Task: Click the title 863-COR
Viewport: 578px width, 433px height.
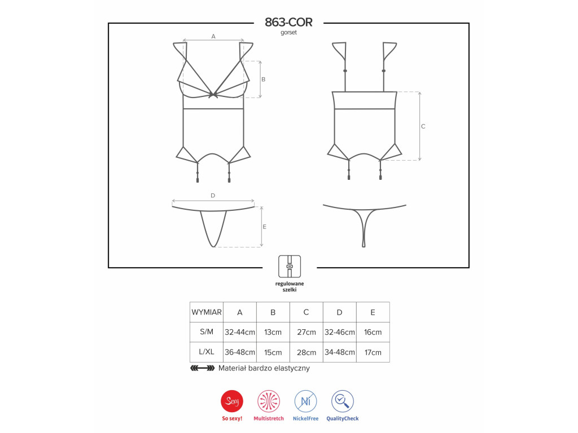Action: pyautogui.click(x=288, y=22)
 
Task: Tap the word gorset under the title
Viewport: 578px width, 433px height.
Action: pyautogui.click(x=288, y=32)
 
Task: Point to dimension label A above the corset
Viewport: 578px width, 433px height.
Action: pyautogui.click(x=213, y=36)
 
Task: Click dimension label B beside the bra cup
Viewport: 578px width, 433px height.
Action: pyautogui.click(x=263, y=79)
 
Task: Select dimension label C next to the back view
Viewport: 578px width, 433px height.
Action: pyautogui.click(x=423, y=126)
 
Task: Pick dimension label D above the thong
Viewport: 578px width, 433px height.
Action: pyautogui.click(x=213, y=196)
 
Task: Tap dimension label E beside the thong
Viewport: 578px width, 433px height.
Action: pyautogui.click(x=264, y=227)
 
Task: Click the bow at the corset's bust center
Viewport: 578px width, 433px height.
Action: pyautogui.click(x=213, y=95)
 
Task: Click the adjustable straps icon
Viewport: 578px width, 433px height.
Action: pyautogui.click(x=290, y=266)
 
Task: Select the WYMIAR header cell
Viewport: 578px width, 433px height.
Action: pyautogui.click(x=207, y=312)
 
